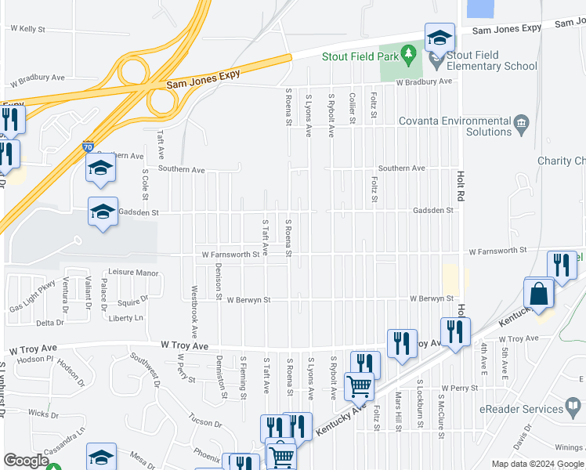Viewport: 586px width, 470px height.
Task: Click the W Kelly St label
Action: coord(27,29)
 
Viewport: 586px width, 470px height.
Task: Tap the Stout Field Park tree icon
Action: coord(407,54)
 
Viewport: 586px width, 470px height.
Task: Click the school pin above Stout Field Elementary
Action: coord(440,38)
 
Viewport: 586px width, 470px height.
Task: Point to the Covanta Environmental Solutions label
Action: coord(454,126)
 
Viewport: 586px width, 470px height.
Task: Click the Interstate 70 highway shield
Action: coord(89,146)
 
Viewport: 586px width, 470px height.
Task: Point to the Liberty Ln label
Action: coord(126,318)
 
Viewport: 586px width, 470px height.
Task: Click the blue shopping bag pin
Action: coord(539,295)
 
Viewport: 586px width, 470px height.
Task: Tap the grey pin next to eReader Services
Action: coord(574,407)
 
